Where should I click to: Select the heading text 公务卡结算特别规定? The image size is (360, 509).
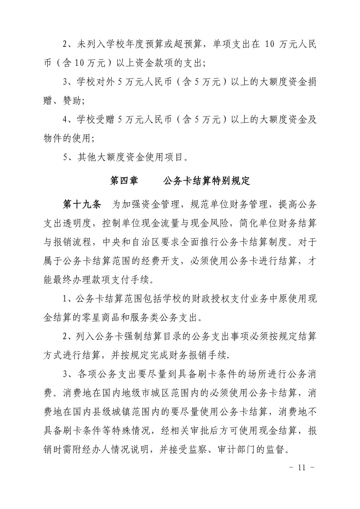[x=207, y=181]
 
